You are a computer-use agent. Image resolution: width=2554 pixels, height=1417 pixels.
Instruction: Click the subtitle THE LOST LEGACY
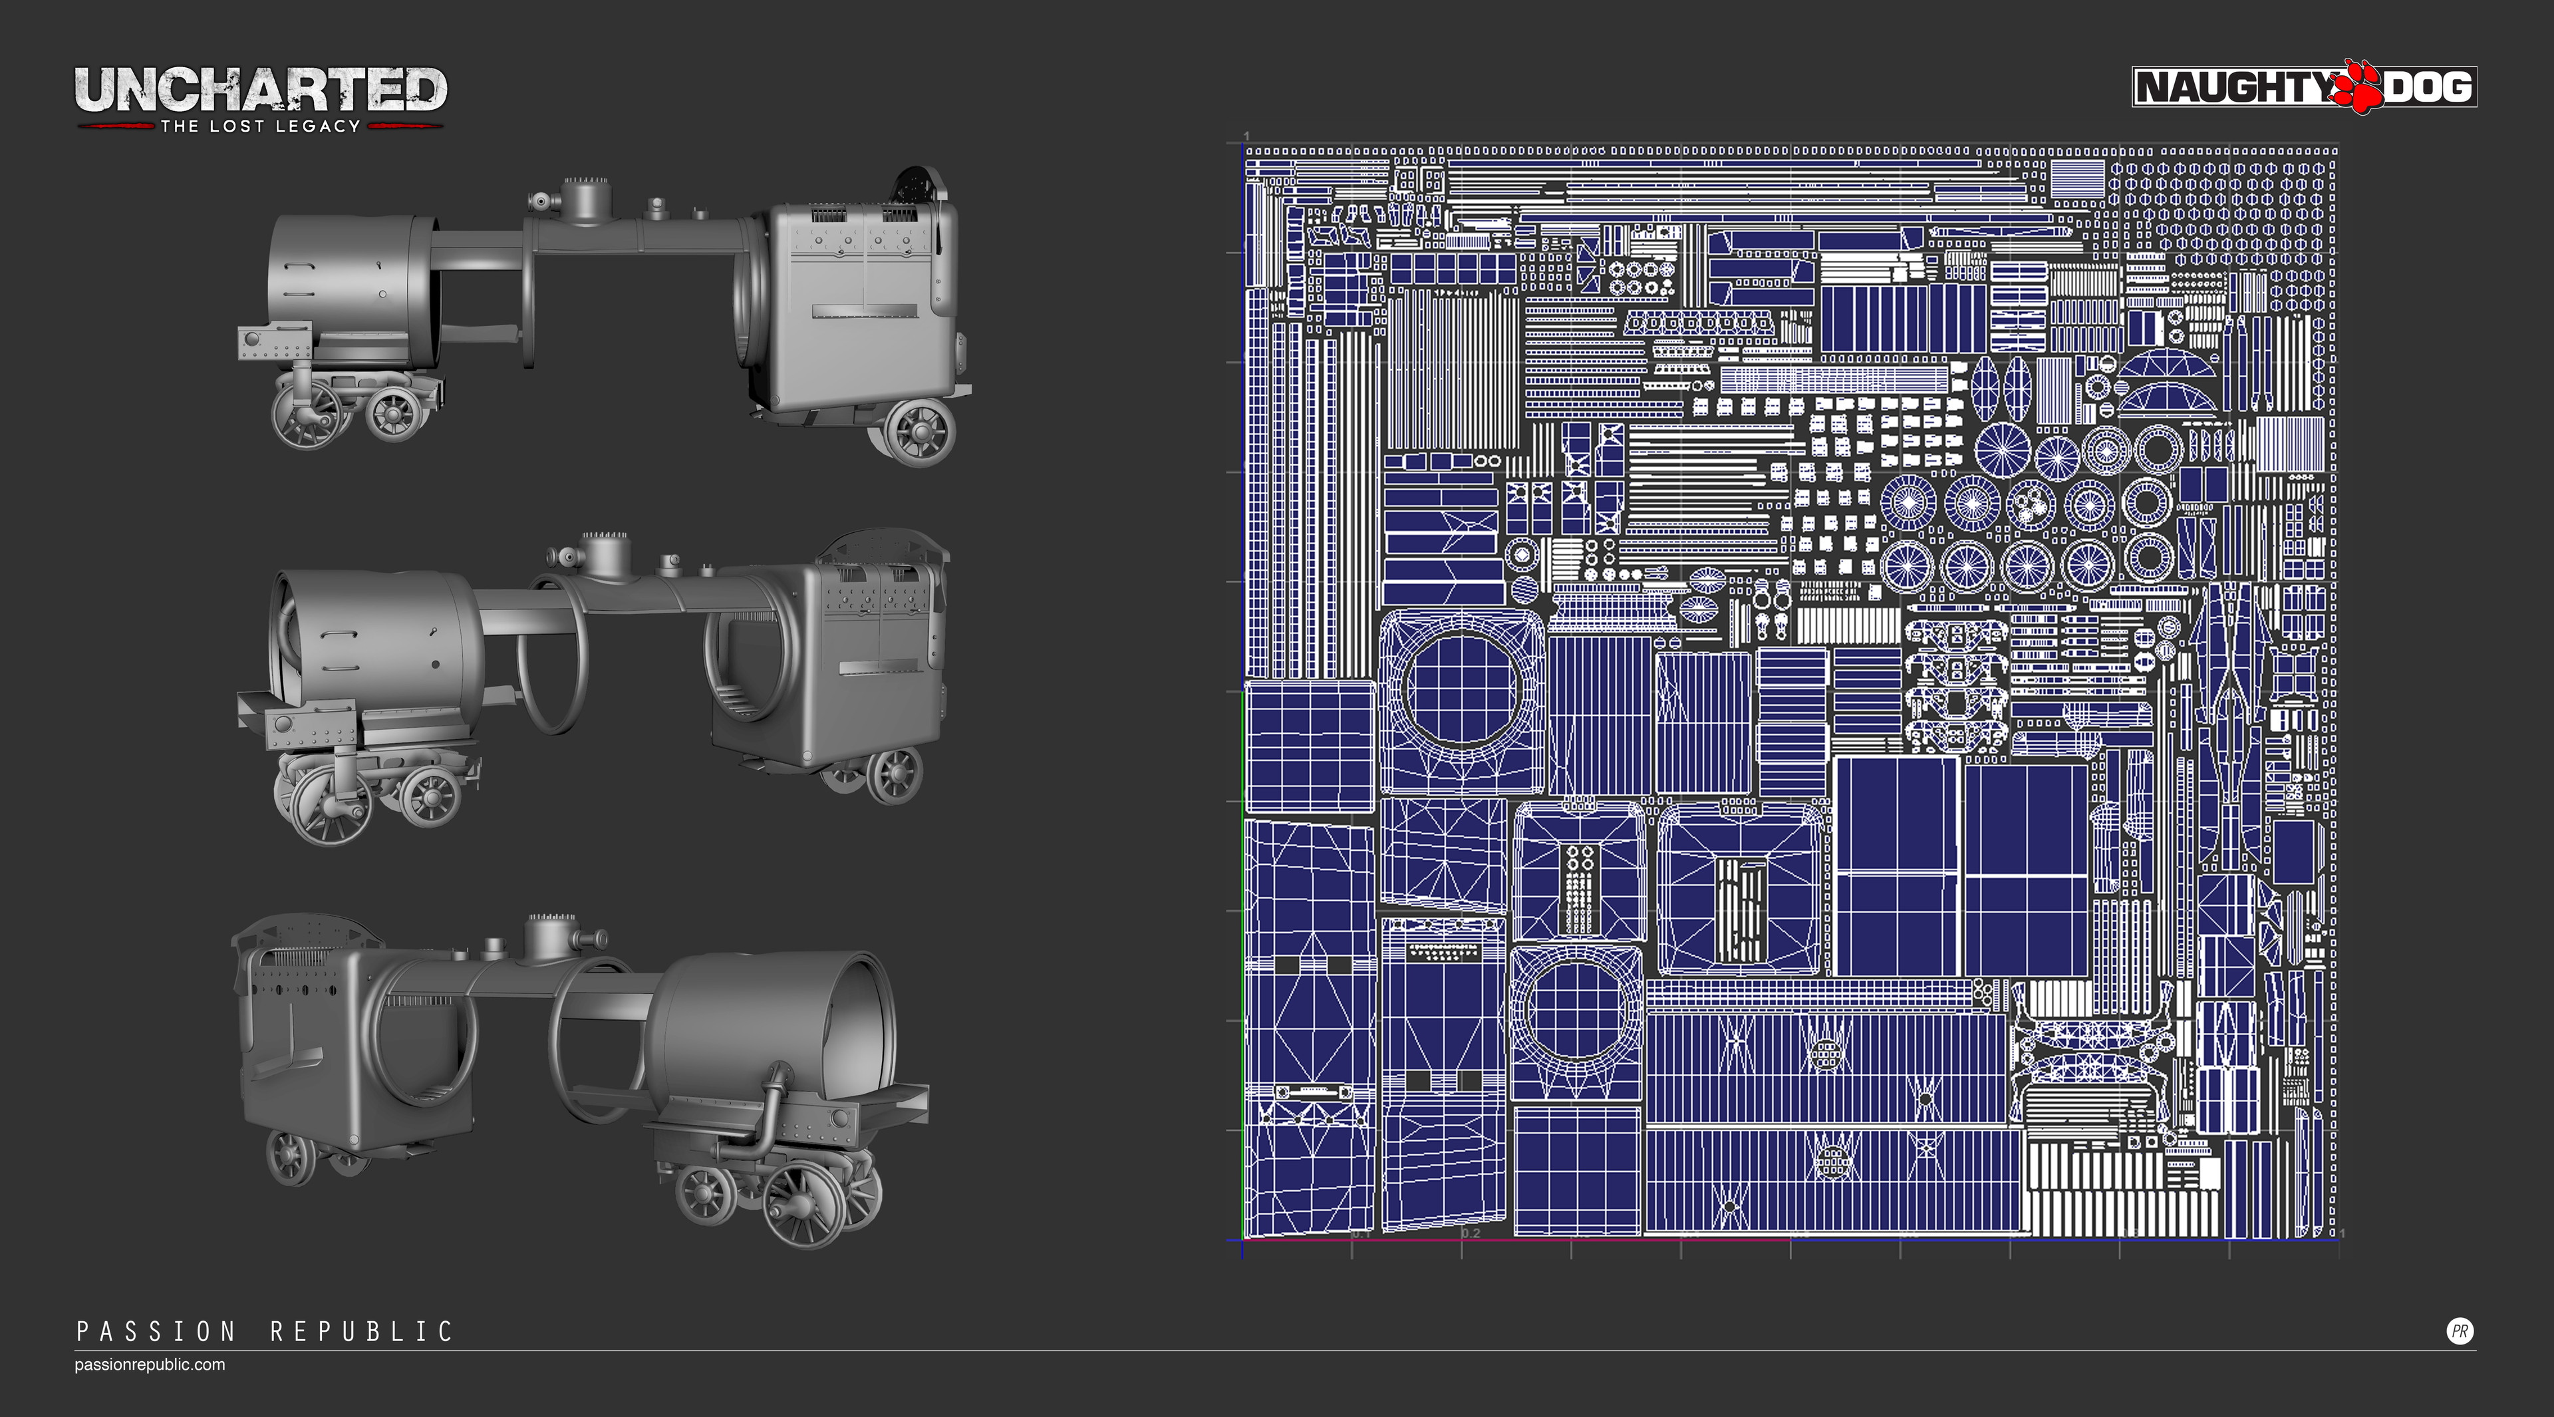pyautogui.click(x=260, y=126)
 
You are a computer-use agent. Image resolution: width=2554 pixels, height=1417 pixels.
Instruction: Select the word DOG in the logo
pyautogui.click(x=2427, y=87)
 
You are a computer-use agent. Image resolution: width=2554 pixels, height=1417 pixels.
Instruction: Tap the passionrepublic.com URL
pyautogui.click(x=150, y=1364)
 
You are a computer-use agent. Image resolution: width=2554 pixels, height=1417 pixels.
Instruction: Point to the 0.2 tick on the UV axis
pyautogui.click(x=1471, y=1233)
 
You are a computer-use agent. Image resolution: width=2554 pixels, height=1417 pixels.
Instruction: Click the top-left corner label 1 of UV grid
pyautogui.click(x=1246, y=136)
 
